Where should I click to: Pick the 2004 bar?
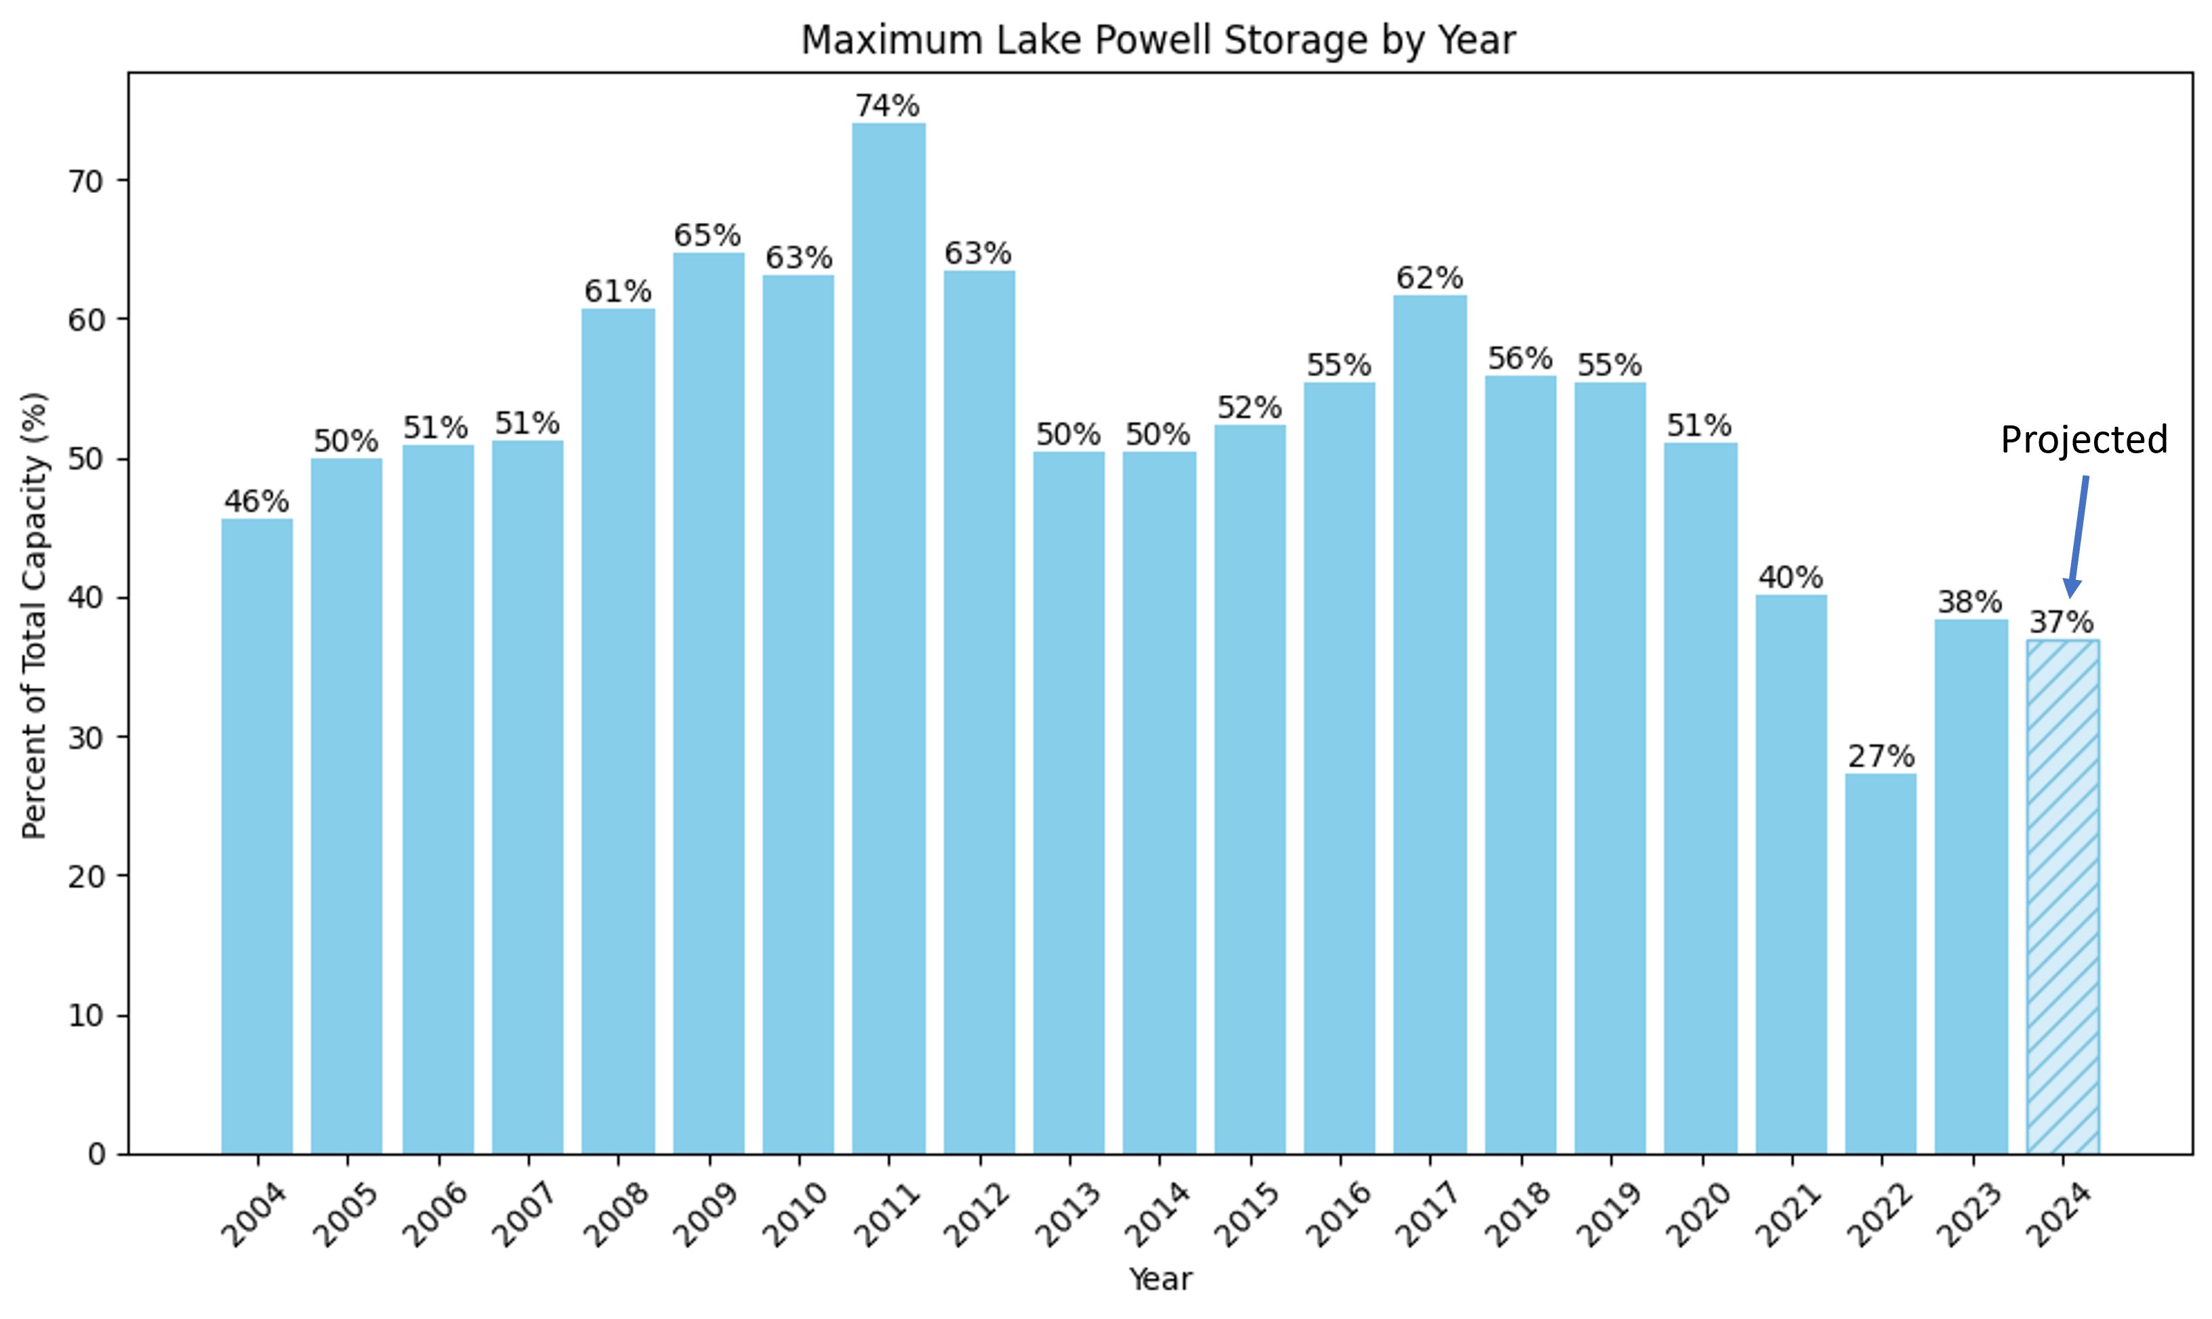coord(257,835)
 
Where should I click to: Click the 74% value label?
coord(887,106)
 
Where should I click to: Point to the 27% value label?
coord(1881,757)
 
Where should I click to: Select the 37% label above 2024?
coord(2062,622)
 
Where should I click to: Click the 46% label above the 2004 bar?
coord(256,501)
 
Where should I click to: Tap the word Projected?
coord(2084,440)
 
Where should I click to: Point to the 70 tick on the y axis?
coord(85,180)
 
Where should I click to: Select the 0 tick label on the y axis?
coord(96,1154)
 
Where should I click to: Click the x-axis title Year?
coord(1160,1279)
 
